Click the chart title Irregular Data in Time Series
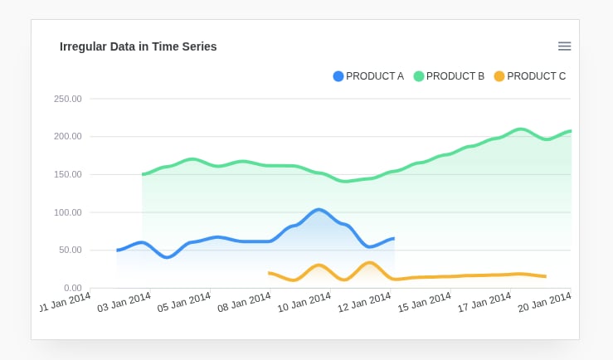coord(138,46)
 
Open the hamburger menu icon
coord(564,46)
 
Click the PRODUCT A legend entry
coord(368,76)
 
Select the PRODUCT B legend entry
coord(449,76)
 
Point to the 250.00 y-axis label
coord(68,99)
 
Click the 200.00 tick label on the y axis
coord(68,136)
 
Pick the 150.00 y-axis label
coord(68,174)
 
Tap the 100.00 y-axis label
coord(68,212)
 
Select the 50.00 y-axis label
coord(70,250)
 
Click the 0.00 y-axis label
coord(72,288)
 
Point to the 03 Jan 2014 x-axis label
coord(124,302)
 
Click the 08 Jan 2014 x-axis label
coord(245,302)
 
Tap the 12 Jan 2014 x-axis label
coord(364,302)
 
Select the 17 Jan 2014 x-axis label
coord(484,302)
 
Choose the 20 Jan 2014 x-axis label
coord(544,302)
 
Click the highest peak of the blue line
coord(319,210)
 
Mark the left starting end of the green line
coord(143,174)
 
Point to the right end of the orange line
coord(544,276)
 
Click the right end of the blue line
coord(393,238)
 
